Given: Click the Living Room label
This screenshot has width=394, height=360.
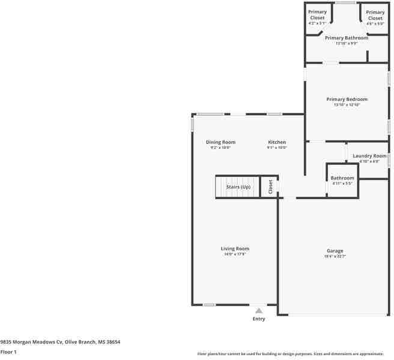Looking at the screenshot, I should click(234, 248).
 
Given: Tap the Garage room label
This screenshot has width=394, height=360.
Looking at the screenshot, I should click(335, 251).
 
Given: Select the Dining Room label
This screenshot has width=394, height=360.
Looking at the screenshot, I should click(220, 142).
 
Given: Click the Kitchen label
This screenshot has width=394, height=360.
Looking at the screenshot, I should click(277, 142).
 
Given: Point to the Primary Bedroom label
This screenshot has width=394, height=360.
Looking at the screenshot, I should click(347, 100).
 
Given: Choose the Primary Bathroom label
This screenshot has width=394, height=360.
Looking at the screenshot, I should click(347, 38).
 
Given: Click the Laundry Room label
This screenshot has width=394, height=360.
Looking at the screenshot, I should click(369, 156).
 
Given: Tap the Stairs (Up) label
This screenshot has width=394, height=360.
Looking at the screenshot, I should click(238, 187).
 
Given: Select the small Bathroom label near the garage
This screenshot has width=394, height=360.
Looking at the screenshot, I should click(342, 178).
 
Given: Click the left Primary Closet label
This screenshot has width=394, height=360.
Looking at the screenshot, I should click(317, 15).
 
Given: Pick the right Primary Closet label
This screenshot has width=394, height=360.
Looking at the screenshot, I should click(375, 15).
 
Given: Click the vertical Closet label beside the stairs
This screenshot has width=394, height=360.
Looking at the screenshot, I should click(270, 186).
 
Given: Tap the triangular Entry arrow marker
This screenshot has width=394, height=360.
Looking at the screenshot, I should click(259, 311).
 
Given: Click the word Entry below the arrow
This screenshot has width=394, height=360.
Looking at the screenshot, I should click(259, 319).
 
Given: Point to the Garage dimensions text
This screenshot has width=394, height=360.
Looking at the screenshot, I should click(335, 256).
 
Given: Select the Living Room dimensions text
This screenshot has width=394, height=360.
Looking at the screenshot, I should click(234, 254).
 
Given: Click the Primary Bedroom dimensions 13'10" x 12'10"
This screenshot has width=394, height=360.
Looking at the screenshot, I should click(347, 105).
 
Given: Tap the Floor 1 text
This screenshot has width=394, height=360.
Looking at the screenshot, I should click(8, 352).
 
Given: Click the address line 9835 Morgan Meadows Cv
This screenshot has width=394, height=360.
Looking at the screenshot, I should click(60, 341).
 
